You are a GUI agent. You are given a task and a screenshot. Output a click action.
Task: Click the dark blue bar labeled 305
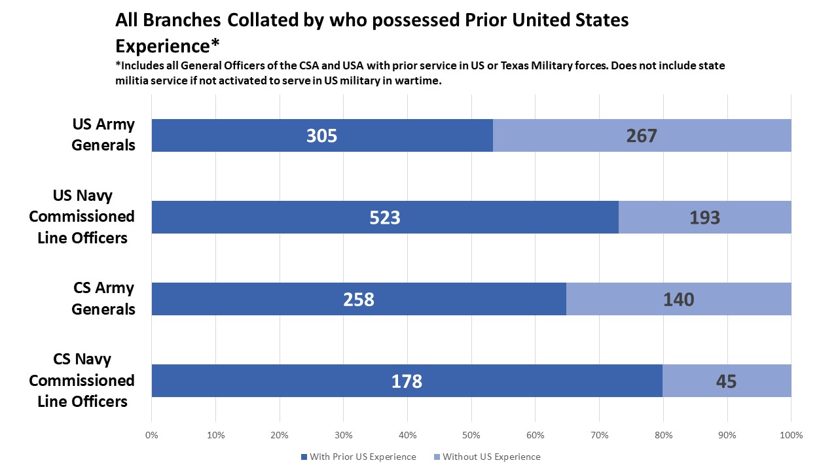(x=322, y=135)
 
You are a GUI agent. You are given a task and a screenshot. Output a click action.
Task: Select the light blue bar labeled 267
(x=642, y=135)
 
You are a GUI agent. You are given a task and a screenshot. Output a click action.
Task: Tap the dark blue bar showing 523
(x=385, y=217)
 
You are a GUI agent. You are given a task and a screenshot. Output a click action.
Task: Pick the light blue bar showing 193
(x=704, y=217)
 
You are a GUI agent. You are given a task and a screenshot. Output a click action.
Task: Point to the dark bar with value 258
(x=359, y=299)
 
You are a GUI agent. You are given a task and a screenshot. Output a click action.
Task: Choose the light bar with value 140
(x=678, y=299)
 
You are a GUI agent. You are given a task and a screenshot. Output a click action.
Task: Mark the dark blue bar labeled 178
(x=407, y=381)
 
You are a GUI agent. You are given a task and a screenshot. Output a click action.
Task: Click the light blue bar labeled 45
(x=727, y=381)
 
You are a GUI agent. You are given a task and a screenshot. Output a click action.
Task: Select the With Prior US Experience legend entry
(x=359, y=457)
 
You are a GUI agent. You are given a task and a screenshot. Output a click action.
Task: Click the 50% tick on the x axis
(x=471, y=435)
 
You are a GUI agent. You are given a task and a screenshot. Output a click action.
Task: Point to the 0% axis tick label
(x=151, y=435)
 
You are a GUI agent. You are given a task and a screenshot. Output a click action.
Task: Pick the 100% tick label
(x=790, y=435)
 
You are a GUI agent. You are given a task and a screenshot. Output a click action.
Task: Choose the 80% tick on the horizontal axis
(x=663, y=435)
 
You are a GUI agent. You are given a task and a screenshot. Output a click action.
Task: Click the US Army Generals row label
(x=103, y=135)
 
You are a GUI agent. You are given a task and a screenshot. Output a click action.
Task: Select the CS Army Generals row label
(x=103, y=298)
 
